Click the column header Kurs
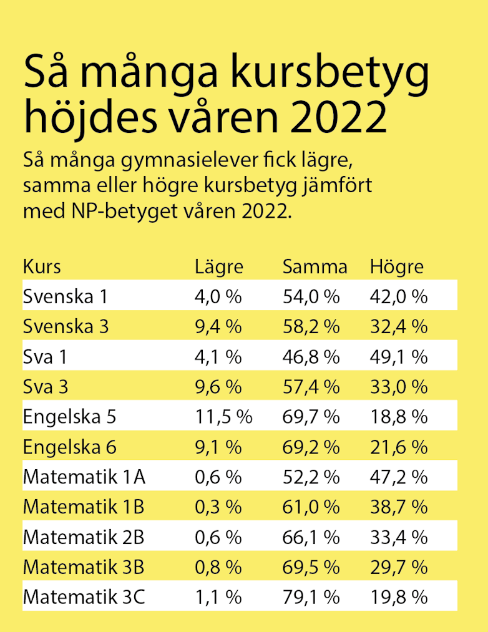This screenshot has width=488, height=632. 42,267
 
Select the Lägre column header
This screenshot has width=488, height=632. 218,267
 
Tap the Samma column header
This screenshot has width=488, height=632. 315,267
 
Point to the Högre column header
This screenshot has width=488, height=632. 397,267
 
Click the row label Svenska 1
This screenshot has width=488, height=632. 66,296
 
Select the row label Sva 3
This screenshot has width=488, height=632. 46,387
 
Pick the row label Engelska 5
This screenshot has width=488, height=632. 69,417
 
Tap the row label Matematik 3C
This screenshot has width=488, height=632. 84,597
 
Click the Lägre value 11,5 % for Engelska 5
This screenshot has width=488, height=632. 223,417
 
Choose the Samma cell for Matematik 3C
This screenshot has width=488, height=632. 311,597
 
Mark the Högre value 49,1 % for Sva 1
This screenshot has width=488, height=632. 399,357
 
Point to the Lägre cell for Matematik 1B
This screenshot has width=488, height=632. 218,507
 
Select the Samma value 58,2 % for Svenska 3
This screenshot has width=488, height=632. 311,326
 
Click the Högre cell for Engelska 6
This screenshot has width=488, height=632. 399,447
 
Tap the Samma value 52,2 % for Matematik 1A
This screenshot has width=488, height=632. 311,477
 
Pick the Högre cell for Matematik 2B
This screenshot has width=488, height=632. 399,537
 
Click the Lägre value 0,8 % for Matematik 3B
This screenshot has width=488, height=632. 218,567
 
